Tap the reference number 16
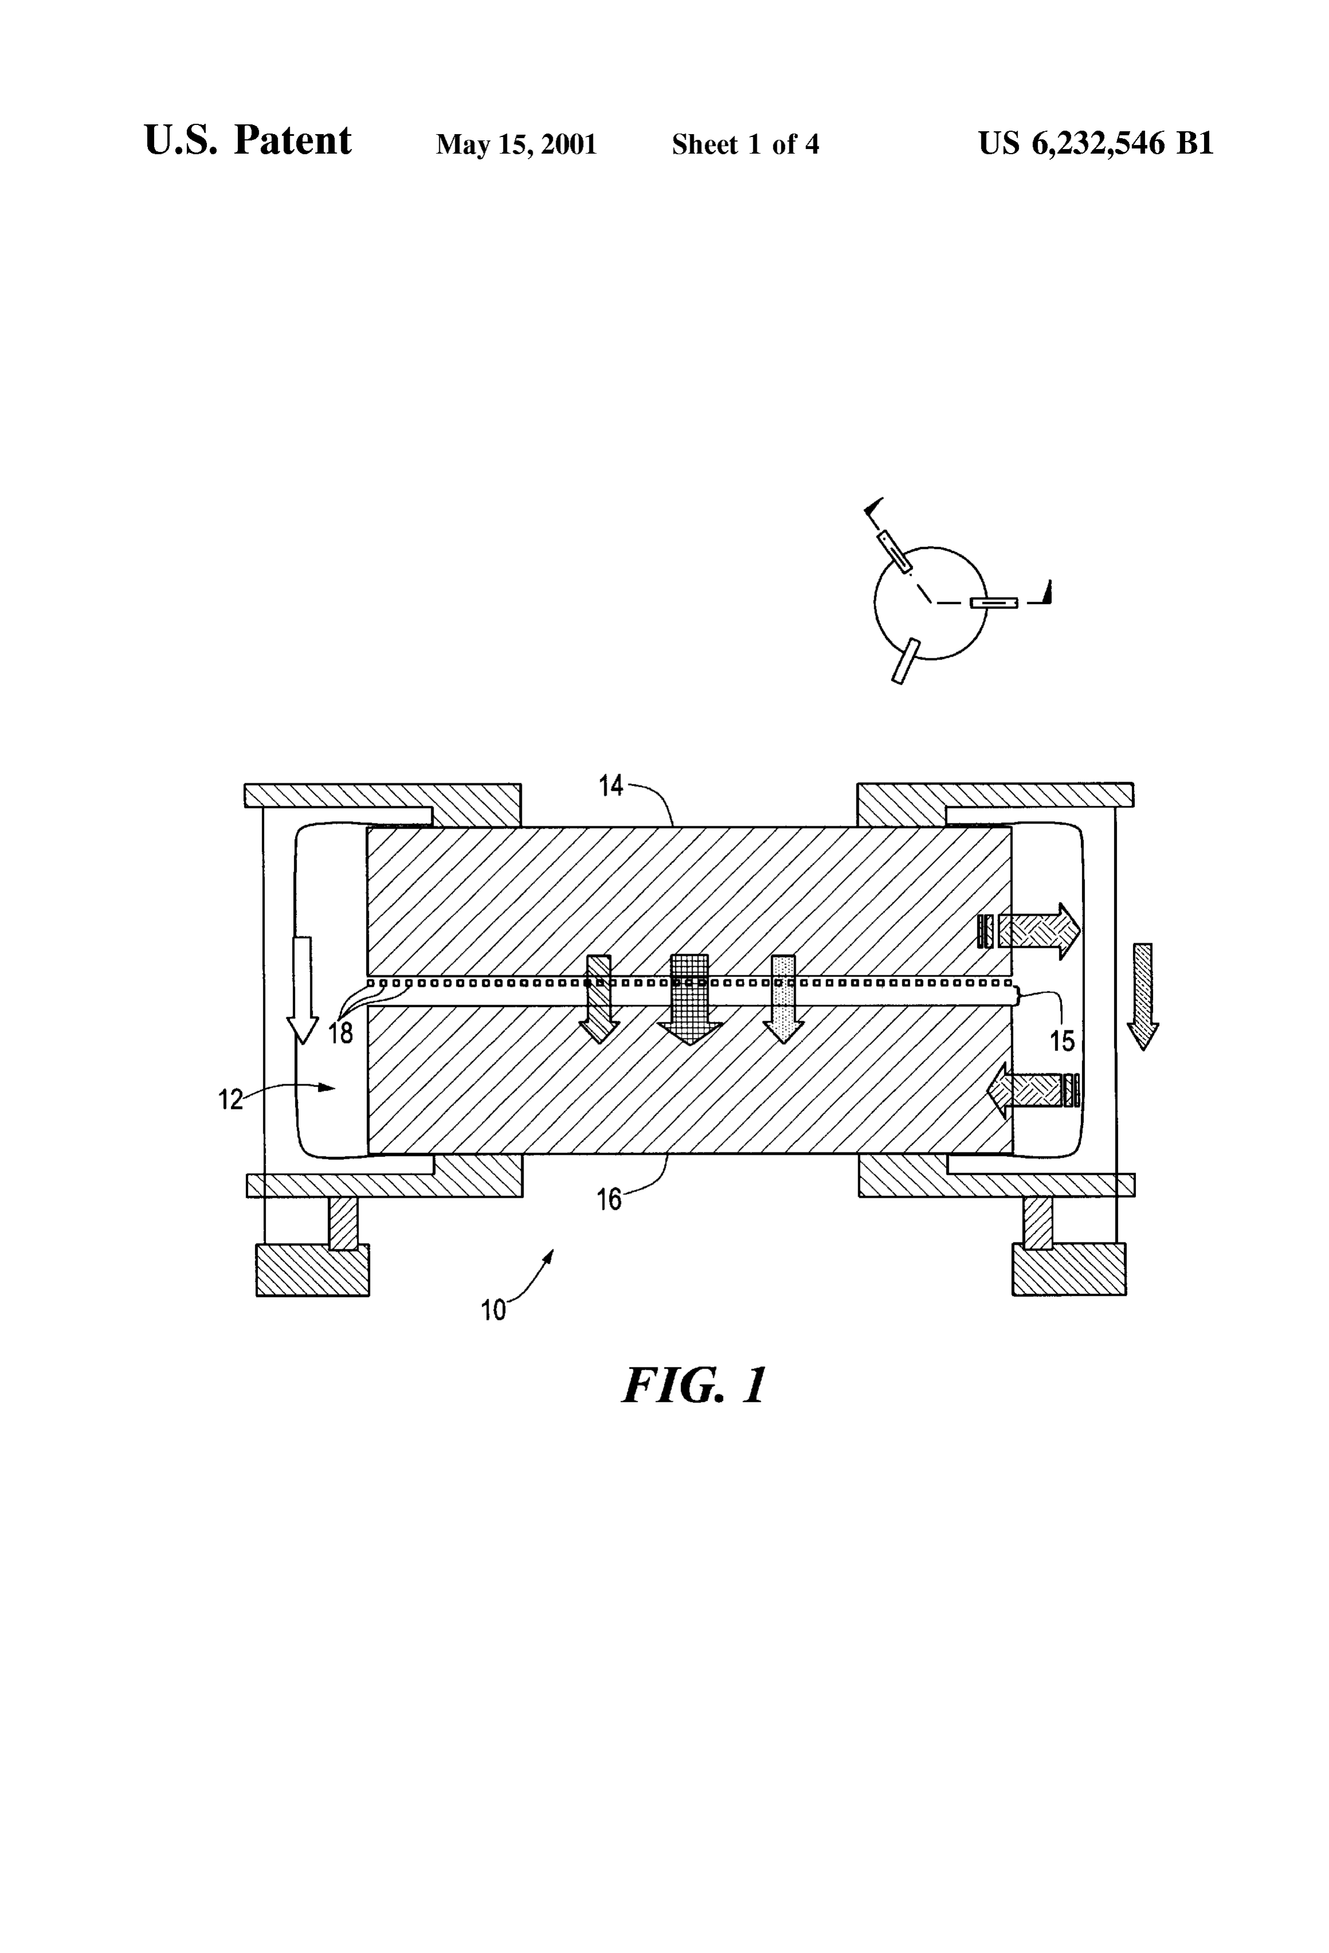click(x=609, y=1199)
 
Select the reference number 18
click(x=340, y=1033)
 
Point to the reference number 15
click(x=1062, y=1041)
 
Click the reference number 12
click(x=230, y=1099)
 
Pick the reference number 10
click(x=493, y=1310)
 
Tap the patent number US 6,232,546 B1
click(x=1095, y=144)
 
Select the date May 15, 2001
click(x=516, y=144)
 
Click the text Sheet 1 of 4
click(x=745, y=144)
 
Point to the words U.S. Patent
click(x=248, y=140)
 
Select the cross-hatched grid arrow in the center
click(x=690, y=1000)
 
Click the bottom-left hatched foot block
click(x=313, y=1270)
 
